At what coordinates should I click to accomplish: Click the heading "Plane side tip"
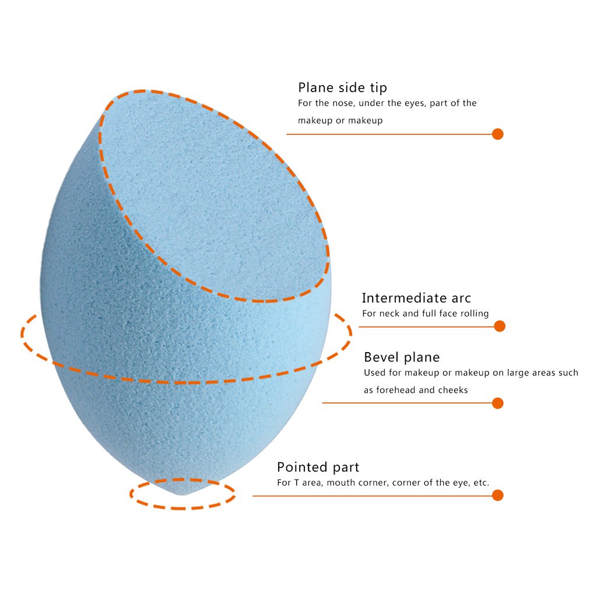(x=342, y=87)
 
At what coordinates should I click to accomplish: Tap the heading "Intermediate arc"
(x=416, y=298)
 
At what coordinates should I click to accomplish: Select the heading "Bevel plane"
(x=402, y=357)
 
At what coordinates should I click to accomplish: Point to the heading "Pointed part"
(x=318, y=467)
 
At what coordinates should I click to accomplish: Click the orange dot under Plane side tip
(x=497, y=134)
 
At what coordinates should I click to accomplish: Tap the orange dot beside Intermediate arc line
(x=499, y=326)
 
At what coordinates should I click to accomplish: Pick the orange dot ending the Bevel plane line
(x=497, y=403)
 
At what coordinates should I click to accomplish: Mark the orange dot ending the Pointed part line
(x=497, y=496)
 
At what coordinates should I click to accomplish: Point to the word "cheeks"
(x=454, y=390)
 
